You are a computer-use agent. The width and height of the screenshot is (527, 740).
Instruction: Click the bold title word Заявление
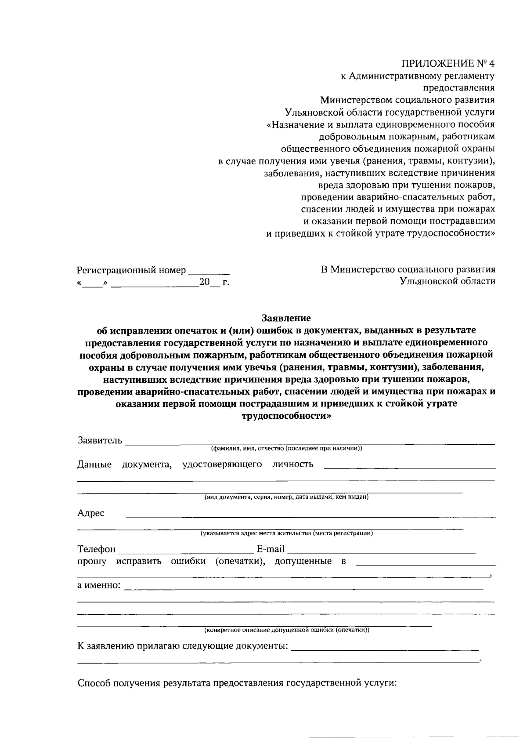tap(286, 318)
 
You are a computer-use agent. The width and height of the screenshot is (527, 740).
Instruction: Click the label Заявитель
tap(100, 440)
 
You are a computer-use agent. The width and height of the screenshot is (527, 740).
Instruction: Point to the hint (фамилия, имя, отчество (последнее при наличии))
tap(286, 449)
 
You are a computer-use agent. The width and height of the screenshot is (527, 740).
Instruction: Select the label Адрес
tap(91, 513)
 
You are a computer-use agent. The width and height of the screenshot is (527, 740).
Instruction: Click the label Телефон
tap(97, 549)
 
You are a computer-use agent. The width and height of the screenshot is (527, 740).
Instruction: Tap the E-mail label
tap(271, 549)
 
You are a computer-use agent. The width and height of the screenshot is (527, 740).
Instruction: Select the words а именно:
tap(99, 586)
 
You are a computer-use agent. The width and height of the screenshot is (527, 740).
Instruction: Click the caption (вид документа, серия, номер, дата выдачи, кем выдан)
tap(286, 497)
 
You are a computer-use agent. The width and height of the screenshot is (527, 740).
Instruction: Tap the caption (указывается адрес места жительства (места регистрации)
tap(286, 533)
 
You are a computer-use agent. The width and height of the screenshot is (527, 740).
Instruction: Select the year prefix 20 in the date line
tap(204, 282)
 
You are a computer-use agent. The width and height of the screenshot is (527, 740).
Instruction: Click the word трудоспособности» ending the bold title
tap(286, 415)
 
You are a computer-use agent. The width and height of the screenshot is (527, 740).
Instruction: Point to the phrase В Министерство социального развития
tap(408, 269)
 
